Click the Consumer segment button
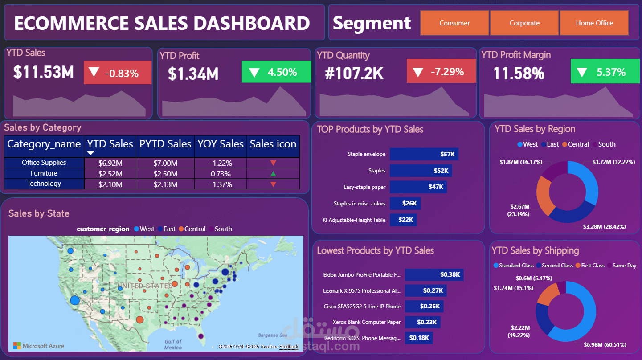454,23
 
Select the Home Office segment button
594,23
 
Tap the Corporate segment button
524,23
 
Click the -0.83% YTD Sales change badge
118,73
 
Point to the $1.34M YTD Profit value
193,74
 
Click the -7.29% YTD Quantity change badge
441,72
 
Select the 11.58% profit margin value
519,73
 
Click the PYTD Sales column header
165,144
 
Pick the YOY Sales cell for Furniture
221,173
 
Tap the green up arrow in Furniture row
273,173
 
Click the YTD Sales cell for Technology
110,184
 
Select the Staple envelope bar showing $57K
424,154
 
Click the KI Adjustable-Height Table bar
403,220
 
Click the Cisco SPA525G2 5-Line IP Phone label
361,307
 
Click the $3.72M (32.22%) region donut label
613,162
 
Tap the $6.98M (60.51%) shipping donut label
605,344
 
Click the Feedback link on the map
289,347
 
